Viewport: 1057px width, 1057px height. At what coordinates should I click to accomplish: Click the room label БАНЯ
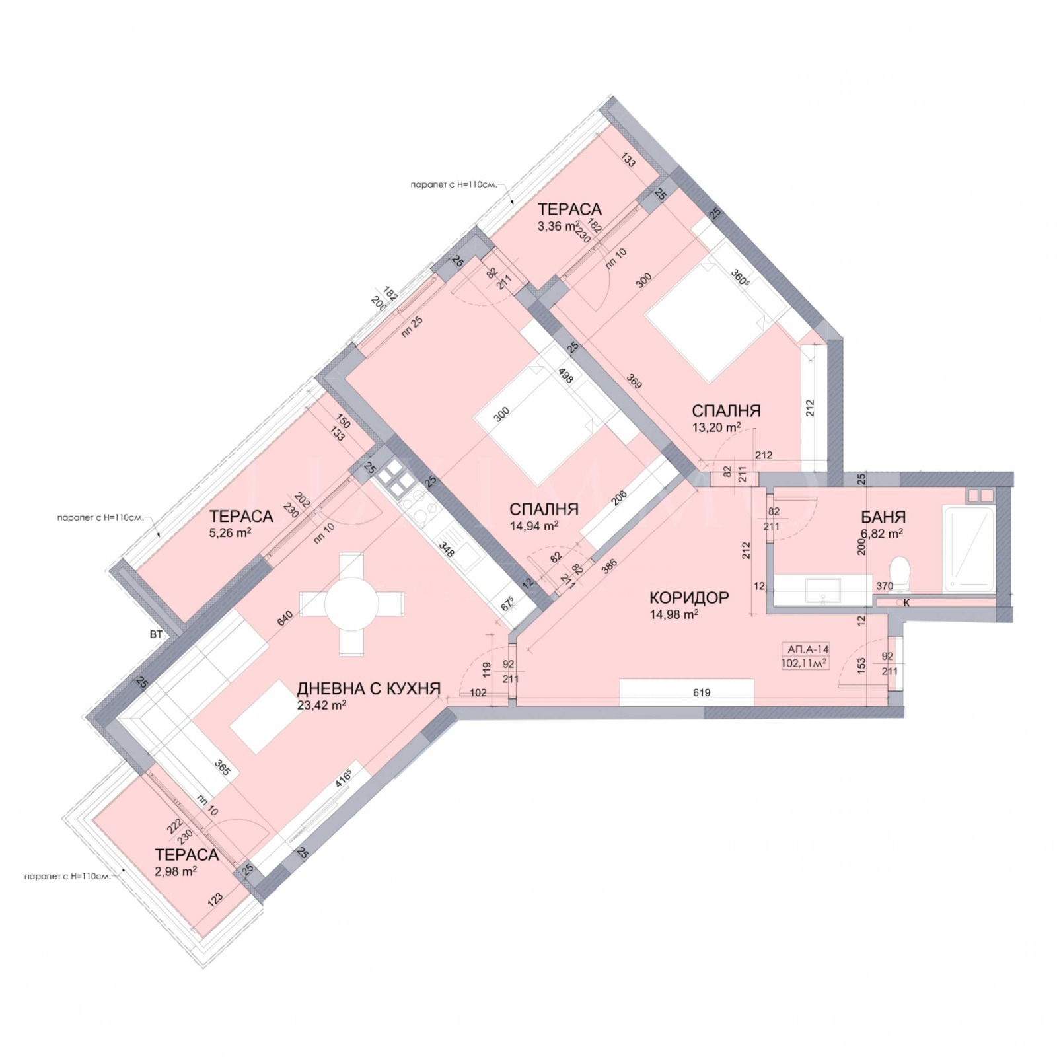click(x=883, y=517)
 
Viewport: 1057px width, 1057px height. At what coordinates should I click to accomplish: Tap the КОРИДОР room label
click(x=690, y=598)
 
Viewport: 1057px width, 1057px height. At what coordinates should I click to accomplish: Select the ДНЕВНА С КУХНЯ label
click(x=369, y=688)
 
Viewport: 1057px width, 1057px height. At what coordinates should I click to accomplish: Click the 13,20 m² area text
click(x=716, y=427)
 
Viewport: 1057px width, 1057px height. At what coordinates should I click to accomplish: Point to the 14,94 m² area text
click(x=534, y=526)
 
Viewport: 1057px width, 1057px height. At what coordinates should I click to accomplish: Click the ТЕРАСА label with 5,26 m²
click(x=241, y=517)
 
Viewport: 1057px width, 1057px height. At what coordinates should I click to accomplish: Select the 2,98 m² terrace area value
click(x=176, y=871)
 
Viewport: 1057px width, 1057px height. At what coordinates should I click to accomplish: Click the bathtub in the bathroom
click(x=970, y=548)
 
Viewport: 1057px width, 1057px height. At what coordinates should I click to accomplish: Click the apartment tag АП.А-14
click(x=805, y=649)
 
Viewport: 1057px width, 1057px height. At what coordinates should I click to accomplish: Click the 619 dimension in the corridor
click(x=702, y=692)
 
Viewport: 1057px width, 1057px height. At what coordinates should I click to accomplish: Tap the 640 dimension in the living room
click(x=284, y=618)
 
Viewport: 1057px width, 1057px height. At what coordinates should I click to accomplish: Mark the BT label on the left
click(x=156, y=635)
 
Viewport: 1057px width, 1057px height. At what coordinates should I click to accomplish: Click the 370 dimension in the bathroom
click(x=884, y=586)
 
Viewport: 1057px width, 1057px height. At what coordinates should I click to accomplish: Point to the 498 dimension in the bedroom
click(x=566, y=375)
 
